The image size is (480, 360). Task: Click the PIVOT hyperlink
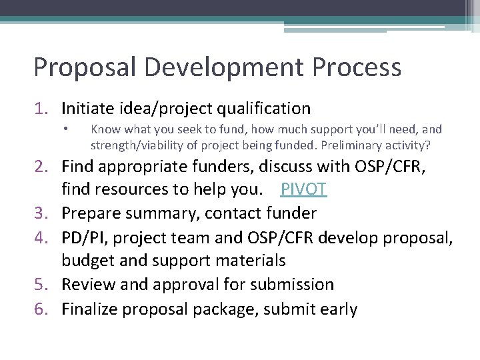pyautogui.click(x=303, y=189)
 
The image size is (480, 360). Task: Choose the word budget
pyautogui.click(x=87, y=261)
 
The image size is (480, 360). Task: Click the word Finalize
pyautogui.click(x=89, y=309)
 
